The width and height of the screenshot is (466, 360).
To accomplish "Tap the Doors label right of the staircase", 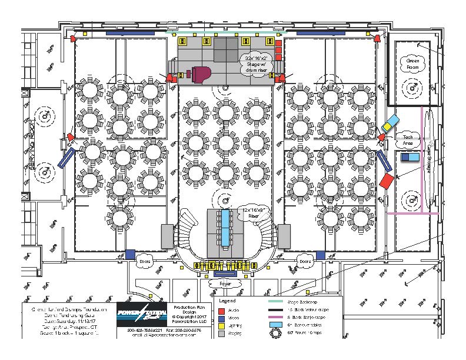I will point(305,261).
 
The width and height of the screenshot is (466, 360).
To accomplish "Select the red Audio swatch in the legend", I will point(222,310).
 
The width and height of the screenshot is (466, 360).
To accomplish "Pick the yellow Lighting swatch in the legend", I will point(222,325).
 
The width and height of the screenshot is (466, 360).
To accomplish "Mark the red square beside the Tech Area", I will point(386,181).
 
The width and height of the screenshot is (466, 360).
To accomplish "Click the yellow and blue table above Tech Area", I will point(390,124).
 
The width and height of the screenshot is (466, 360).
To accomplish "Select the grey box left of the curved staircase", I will point(167,236).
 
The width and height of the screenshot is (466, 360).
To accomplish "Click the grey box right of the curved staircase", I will point(284,236).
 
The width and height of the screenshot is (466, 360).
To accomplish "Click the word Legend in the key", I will point(227,301).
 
